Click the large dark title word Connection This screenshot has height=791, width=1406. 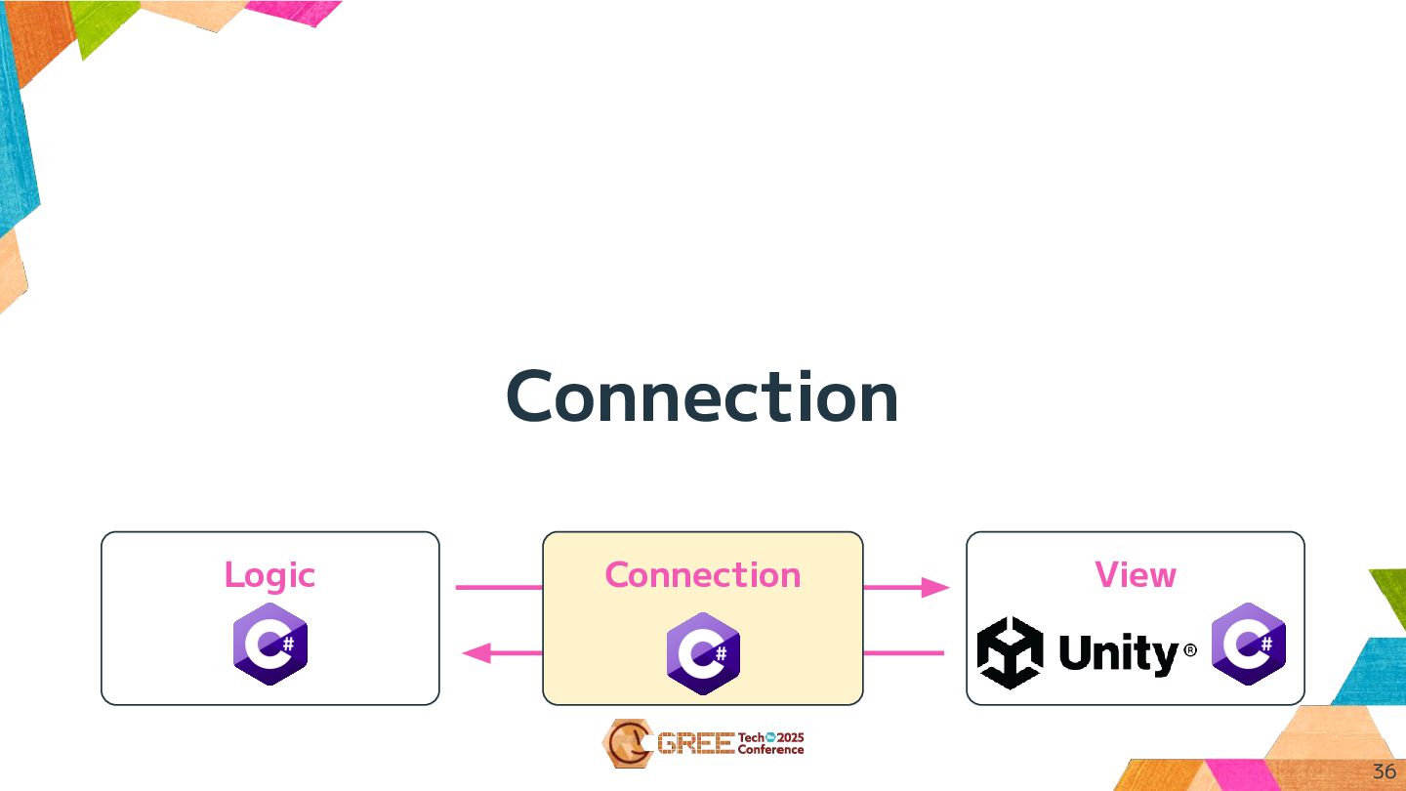(702, 396)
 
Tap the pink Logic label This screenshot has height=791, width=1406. (269, 574)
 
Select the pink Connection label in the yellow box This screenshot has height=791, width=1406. (703, 574)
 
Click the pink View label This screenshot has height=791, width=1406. (1136, 574)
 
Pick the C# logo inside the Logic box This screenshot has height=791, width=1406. (270, 644)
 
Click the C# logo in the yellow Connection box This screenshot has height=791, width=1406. (703, 653)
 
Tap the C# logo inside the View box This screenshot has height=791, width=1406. (1249, 644)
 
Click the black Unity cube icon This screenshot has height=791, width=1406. (1010, 652)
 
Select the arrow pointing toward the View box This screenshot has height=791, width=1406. (906, 587)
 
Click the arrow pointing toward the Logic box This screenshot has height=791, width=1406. (501, 652)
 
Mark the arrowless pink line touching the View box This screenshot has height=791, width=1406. (904, 652)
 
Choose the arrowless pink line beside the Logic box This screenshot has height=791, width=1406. (498, 587)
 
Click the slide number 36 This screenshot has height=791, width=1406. (1384, 771)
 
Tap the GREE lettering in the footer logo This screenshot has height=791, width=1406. (695, 744)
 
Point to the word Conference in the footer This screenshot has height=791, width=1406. (770, 750)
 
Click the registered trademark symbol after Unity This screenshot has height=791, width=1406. (1190, 648)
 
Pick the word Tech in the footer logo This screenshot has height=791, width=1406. (751, 737)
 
